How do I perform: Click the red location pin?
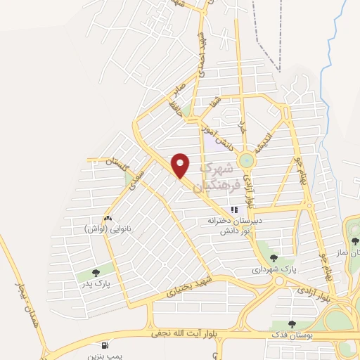pos(181,165)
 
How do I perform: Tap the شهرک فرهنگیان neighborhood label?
pos(220,175)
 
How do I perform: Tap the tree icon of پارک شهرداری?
pos(274,257)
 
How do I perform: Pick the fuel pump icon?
pos(105,346)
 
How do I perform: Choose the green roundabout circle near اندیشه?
pos(245,161)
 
